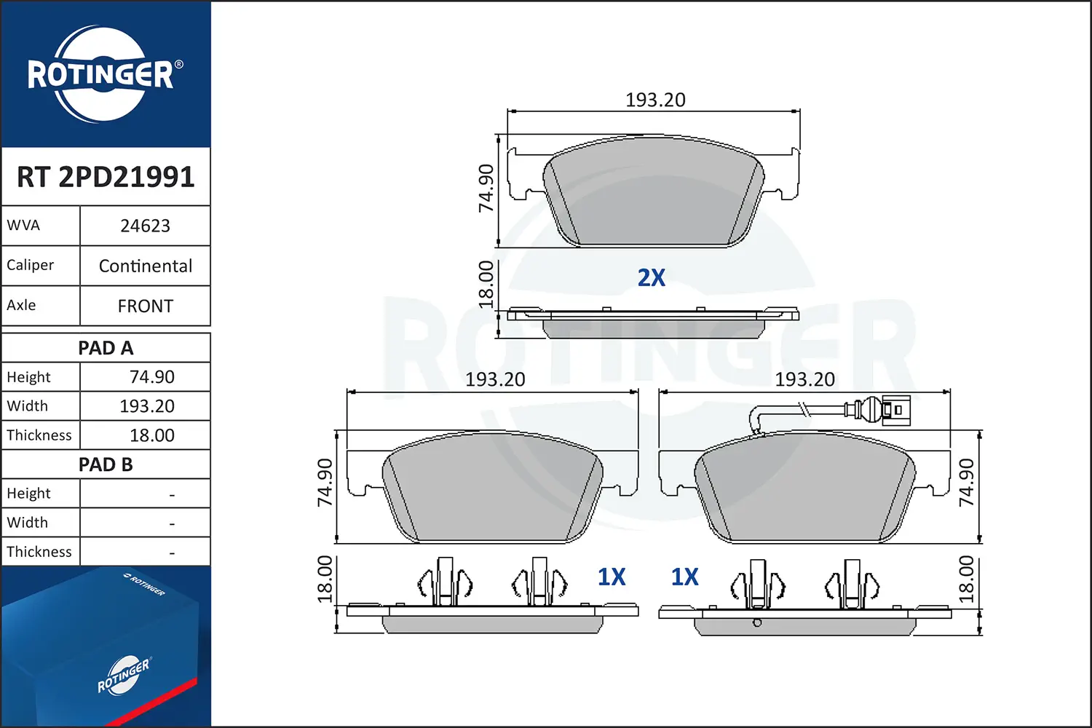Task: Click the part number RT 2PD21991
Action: [106, 176]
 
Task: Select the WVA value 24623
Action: [146, 226]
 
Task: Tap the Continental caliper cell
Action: [146, 266]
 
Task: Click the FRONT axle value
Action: [146, 306]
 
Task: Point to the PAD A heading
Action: [106, 348]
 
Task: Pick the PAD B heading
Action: [106, 464]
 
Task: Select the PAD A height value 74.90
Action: [151, 377]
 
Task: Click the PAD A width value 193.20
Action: [147, 405]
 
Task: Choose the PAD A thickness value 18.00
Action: [151, 435]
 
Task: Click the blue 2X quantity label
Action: [652, 277]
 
